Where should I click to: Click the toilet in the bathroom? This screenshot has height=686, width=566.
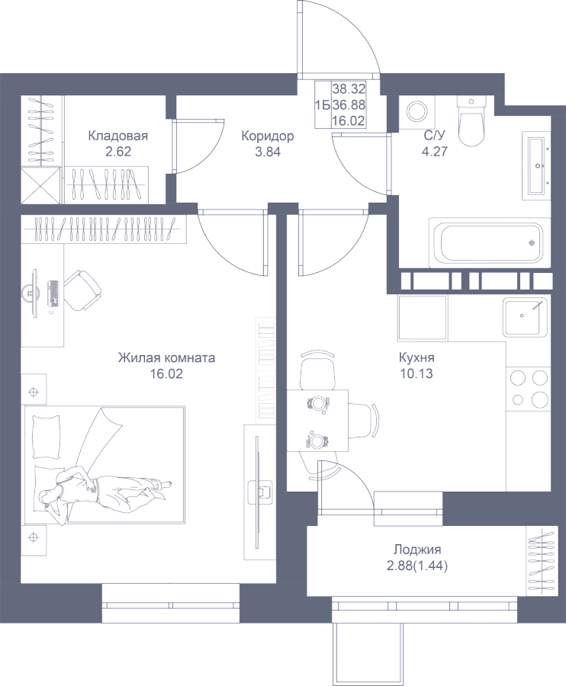(x=471, y=122)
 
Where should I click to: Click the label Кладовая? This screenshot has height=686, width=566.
(x=117, y=136)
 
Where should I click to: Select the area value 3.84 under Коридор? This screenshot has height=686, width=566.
(x=267, y=150)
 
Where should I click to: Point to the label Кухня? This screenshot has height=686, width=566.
(x=416, y=357)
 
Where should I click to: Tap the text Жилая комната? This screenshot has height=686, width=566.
(x=166, y=357)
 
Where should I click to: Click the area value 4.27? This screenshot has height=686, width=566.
(x=434, y=149)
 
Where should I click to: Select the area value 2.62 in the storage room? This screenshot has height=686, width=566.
(x=117, y=151)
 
